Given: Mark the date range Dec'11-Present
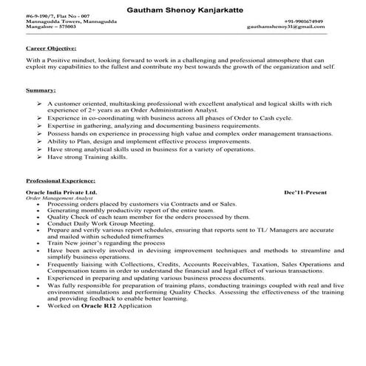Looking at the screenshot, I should pyautogui.click(x=305, y=192).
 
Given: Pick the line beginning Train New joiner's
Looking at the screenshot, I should pyautogui.click(x=104, y=243).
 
